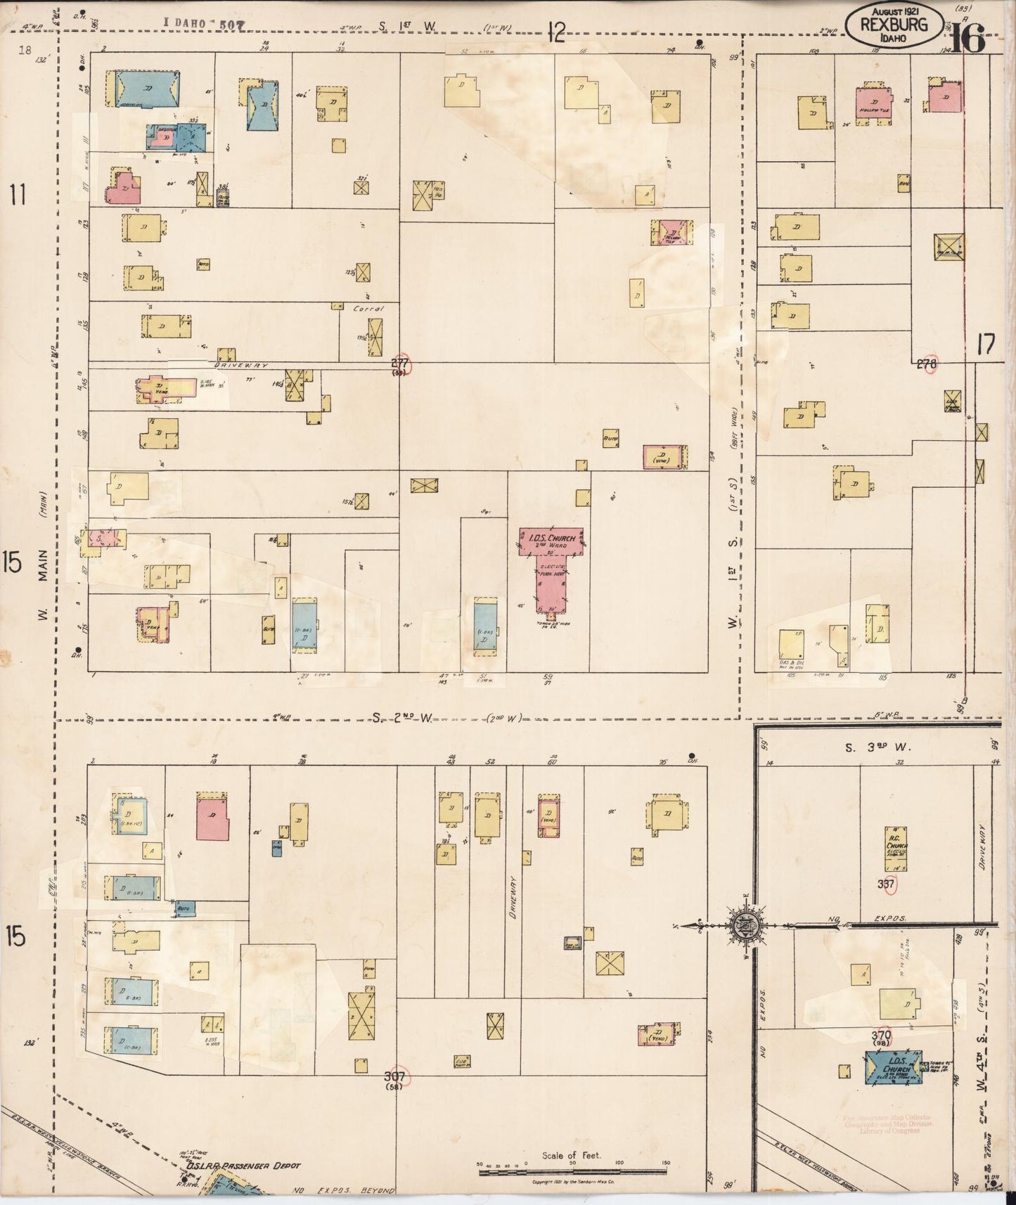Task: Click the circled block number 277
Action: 400,363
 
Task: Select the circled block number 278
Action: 927,364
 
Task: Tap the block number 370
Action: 881,1036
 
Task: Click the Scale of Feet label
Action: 571,1155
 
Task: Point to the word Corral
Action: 368,308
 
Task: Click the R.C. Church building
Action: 895,847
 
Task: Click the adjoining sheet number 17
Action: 986,344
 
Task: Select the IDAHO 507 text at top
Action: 205,24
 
